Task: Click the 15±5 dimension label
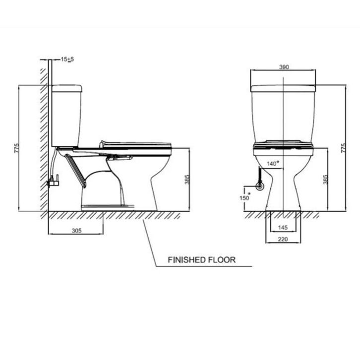tap(67, 59)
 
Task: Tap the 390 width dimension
tap(284, 67)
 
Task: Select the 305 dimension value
tap(76, 231)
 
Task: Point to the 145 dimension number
tap(283, 227)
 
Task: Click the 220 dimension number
tap(283, 239)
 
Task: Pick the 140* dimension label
tap(273, 163)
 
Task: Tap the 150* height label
tap(245, 197)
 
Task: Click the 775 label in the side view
tap(16, 148)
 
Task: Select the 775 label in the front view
tap(343, 148)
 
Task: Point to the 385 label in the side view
tap(187, 180)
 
